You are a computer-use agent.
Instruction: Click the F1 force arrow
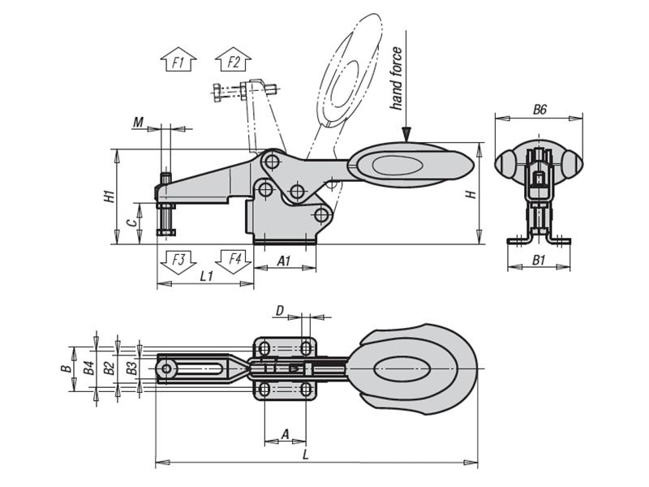[178, 59]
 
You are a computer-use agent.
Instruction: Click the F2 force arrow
[234, 59]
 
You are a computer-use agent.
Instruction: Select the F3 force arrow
[178, 261]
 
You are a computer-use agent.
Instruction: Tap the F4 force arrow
[234, 261]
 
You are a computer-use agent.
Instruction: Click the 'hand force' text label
[396, 79]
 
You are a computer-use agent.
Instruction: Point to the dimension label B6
[539, 110]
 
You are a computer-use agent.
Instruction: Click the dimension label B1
[539, 260]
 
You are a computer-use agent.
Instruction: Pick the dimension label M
[139, 123]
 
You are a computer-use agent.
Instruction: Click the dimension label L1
[206, 276]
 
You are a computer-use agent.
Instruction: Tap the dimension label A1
[284, 261]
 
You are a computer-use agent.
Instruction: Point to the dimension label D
[280, 310]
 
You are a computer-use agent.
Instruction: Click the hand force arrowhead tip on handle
[406, 140]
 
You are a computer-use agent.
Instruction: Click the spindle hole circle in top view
[166, 370]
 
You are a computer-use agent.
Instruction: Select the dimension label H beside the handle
[469, 195]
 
